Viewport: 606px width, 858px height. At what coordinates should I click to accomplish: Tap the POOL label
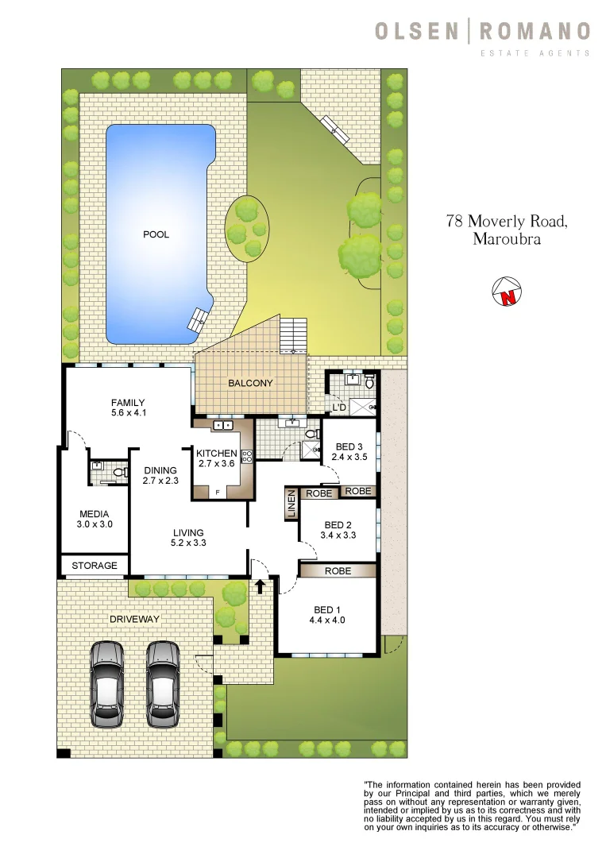[156, 234]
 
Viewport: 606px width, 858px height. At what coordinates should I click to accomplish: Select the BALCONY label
[250, 383]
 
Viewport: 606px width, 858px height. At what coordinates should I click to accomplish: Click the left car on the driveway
[107, 683]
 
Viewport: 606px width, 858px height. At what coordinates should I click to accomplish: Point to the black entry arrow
[260, 586]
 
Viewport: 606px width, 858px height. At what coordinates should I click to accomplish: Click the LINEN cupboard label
[291, 504]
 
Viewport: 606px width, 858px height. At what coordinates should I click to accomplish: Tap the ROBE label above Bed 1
[338, 570]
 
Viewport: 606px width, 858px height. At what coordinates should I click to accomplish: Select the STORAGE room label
[95, 566]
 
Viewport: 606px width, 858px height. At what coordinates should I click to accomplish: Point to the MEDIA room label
[94, 514]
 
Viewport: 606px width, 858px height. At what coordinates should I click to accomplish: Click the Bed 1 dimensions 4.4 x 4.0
[329, 620]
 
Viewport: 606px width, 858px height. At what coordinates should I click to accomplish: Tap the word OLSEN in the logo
[417, 32]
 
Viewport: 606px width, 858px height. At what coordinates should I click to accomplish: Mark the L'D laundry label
[338, 408]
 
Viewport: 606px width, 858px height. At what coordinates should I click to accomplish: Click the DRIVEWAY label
[135, 618]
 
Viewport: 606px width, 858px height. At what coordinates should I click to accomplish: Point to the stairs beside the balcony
[295, 334]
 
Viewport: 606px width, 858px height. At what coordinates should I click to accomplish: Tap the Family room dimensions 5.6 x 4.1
[128, 413]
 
